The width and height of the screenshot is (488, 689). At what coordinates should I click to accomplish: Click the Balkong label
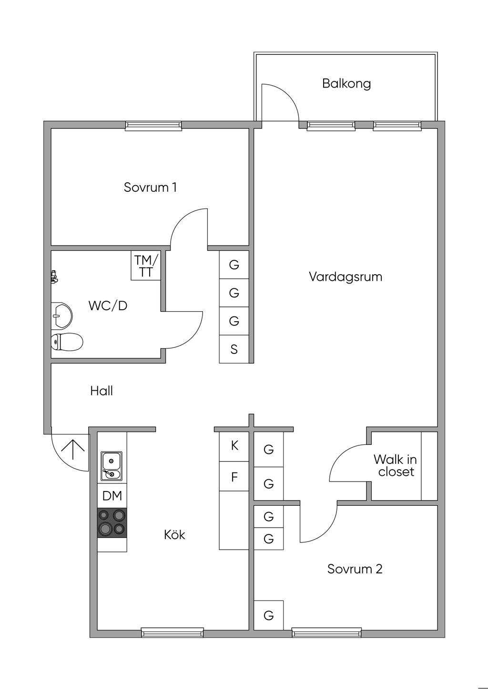tap(346, 83)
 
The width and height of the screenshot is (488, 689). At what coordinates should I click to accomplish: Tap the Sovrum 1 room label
tap(150, 187)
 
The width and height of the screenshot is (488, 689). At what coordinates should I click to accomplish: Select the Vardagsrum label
tap(346, 277)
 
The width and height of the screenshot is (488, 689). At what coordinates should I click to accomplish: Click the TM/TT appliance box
tap(146, 266)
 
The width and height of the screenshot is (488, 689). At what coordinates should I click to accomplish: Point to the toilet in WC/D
tap(67, 342)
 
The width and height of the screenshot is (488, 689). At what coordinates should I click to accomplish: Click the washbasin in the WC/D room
tap(61, 315)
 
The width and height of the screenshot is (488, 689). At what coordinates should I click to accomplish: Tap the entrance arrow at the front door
tap(73, 449)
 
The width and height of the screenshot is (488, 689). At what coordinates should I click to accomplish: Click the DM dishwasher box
tap(112, 495)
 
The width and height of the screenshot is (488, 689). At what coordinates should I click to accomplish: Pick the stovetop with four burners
tap(112, 523)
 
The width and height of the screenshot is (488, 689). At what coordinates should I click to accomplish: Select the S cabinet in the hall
tap(234, 349)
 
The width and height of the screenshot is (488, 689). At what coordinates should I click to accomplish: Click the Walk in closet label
tap(396, 466)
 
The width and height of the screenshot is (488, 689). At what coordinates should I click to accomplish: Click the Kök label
tap(174, 534)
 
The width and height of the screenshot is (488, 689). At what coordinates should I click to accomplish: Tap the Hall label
tap(102, 391)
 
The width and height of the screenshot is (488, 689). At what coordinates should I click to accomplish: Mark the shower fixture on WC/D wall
tap(54, 276)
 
